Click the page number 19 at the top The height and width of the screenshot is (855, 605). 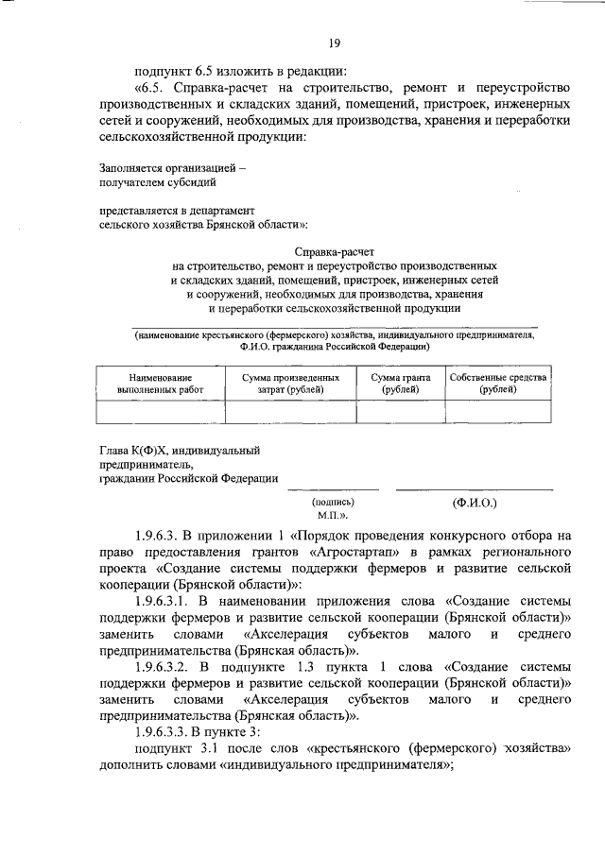click(x=335, y=42)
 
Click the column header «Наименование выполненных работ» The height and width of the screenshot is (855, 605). click(x=161, y=384)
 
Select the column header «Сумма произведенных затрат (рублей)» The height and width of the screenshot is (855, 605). click(x=284, y=384)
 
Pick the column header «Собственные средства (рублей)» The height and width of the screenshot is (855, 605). click(x=498, y=384)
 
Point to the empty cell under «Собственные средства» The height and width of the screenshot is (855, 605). click(x=498, y=413)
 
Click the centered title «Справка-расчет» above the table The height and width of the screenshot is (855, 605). click(x=335, y=253)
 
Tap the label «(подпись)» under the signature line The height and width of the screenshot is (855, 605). click(x=333, y=504)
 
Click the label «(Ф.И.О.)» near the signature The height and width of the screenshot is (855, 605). click(x=475, y=504)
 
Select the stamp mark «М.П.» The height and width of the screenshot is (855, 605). click(x=333, y=517)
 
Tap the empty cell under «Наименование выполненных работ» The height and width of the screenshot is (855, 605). click(x=161, y=413)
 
